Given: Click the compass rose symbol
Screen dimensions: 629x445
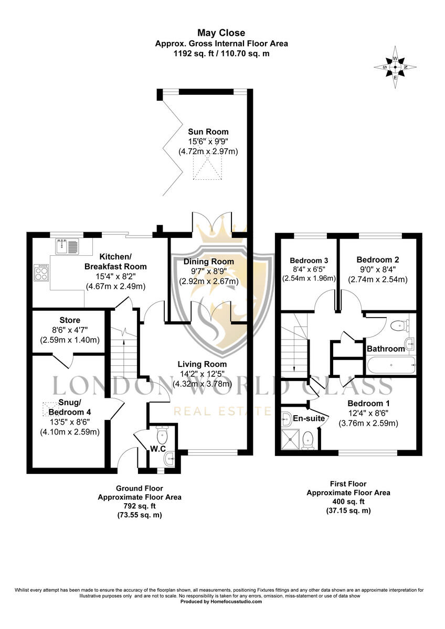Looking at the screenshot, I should point(396,67).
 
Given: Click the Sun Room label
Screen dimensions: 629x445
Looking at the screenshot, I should point(208,132).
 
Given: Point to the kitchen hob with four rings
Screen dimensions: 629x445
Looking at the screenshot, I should point(41,272).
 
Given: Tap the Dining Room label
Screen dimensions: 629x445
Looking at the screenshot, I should point(208,262).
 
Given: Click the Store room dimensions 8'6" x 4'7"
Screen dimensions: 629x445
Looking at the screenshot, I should point(69,330).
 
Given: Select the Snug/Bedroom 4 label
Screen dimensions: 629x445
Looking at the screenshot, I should point(69,408).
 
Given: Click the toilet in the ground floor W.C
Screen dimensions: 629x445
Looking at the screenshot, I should point(162,435).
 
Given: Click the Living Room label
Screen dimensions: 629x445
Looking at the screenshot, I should point(202,364).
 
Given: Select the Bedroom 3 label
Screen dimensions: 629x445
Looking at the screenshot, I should point(309,260).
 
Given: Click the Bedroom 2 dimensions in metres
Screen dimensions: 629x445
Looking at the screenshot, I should point(378,279).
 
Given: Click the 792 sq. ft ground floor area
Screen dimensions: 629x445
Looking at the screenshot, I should point(140,506).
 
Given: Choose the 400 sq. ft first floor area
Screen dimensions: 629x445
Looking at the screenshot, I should point(348,502).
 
